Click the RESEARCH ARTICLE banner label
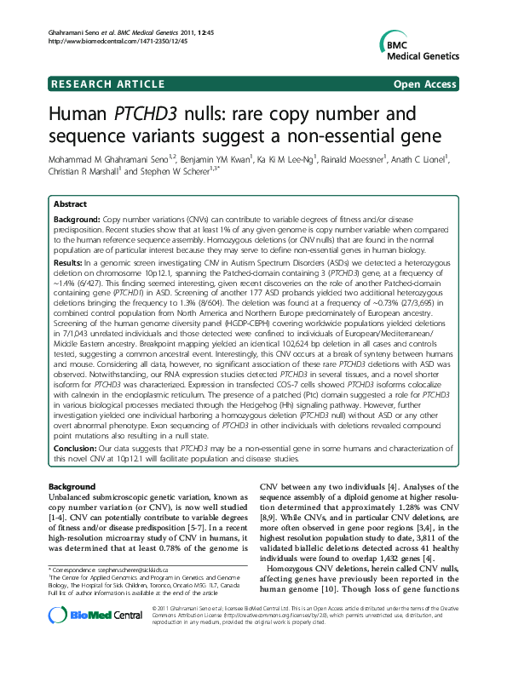pos(108,83)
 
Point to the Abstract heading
pos(69,205)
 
